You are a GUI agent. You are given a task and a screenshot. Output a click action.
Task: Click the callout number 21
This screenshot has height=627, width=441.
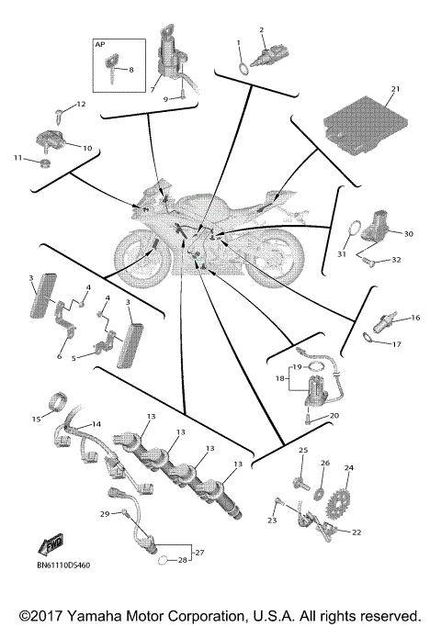(396, 89)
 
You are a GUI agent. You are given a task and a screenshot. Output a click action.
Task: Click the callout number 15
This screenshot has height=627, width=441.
(37, 420)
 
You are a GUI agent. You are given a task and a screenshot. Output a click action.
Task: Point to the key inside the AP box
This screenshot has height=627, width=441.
(114, 66)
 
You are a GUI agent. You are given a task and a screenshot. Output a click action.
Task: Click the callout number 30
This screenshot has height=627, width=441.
(408, 233)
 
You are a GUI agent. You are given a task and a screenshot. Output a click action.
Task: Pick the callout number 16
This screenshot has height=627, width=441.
(415, 318)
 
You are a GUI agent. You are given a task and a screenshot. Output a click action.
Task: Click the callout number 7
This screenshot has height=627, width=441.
(154, 90)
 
